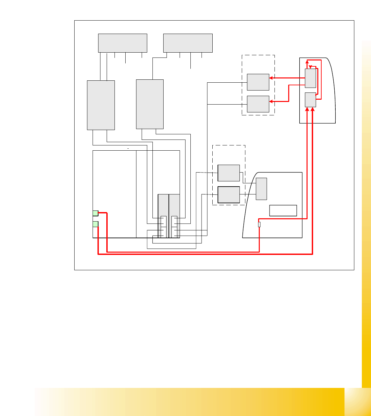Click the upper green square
coord(95,213)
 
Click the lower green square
coord(95,224)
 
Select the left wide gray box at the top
coord(123,43)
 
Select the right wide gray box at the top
coord(188,43)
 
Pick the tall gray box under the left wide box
coord(101,105)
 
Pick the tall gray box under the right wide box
coord(150,104)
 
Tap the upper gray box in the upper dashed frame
coord(258,82)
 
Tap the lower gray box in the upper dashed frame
coord(258,104)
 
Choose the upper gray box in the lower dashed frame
coord(229,173)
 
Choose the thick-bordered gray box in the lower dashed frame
coord(229,194)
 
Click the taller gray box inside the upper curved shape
coord(310,78)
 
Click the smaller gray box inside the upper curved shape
coord(310,100)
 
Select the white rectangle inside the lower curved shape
coord(283,210)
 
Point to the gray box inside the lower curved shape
coord(261,189)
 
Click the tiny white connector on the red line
coord(259,224)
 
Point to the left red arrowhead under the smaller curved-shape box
coord(307,109)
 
